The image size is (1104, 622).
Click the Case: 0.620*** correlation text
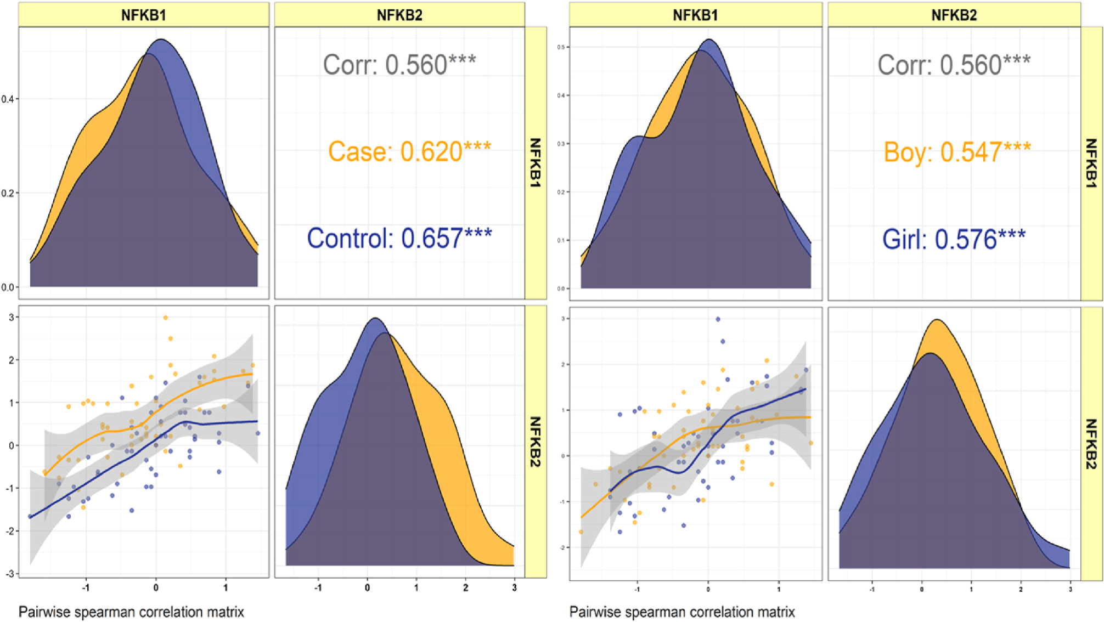(409, 152)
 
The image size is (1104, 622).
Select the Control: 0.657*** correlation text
(399, 238)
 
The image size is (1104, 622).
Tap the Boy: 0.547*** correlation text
(957, 152)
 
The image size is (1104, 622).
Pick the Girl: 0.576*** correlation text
(954, 240)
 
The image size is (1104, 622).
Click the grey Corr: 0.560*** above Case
(399, 65)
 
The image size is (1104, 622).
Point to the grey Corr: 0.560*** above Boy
(954, 65)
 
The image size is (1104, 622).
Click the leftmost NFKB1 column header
(143, 15)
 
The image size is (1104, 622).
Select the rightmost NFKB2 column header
(954, 15)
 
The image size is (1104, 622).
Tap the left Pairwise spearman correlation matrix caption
(131, 612)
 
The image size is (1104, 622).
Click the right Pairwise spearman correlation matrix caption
(682, 612)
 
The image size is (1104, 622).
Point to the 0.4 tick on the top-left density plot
(8, 99)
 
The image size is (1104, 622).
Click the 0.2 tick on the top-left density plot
(8, 193)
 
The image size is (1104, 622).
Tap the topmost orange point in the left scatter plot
(166, 318)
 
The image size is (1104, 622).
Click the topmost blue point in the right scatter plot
(718, 319)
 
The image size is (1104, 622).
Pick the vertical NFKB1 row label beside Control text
(536, 162)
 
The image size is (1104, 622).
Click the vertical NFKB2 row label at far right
(1091, 443)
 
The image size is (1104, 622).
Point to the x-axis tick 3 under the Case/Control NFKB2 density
(514, 587)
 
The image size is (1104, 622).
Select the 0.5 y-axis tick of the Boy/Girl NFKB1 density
(560, 47)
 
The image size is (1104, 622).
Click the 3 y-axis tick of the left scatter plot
(11, 317)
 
